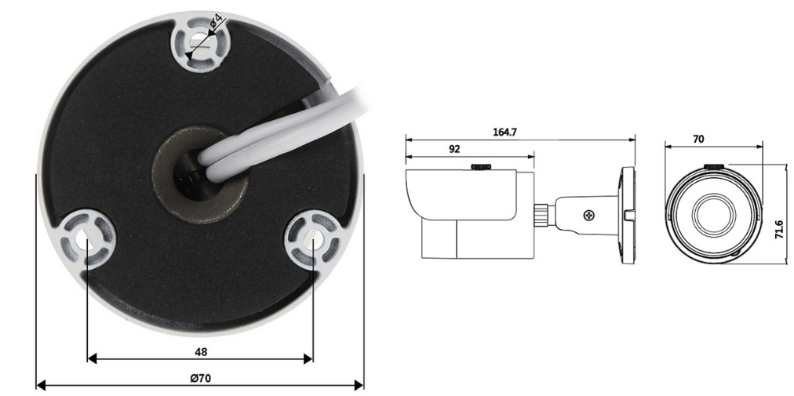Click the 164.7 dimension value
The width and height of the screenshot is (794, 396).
click(x=504, y=133)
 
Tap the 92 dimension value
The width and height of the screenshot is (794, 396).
click(x=454, y=149)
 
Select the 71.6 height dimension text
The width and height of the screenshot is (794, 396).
click(x=779, y=230)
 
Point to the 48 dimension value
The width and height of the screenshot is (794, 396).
click(x=201, y=352)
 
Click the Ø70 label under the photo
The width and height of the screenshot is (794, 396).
click(x=201, y=378)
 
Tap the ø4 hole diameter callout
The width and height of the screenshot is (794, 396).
click(x=217, y=21)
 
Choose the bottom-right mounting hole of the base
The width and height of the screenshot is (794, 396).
click(x=312, y=238)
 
